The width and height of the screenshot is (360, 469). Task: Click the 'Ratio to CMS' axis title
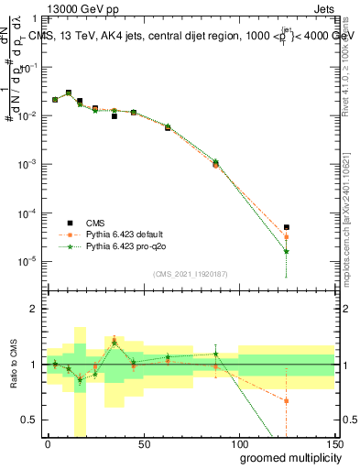13,364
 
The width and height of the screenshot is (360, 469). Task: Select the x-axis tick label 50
143,443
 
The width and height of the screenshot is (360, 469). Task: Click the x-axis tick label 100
238,443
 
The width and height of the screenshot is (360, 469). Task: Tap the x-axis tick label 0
48,443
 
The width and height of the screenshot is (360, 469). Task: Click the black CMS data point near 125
287,227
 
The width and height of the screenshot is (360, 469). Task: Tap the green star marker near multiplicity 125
287,251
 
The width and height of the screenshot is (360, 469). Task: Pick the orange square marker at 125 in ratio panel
287,400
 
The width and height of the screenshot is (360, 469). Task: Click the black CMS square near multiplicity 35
115,116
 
